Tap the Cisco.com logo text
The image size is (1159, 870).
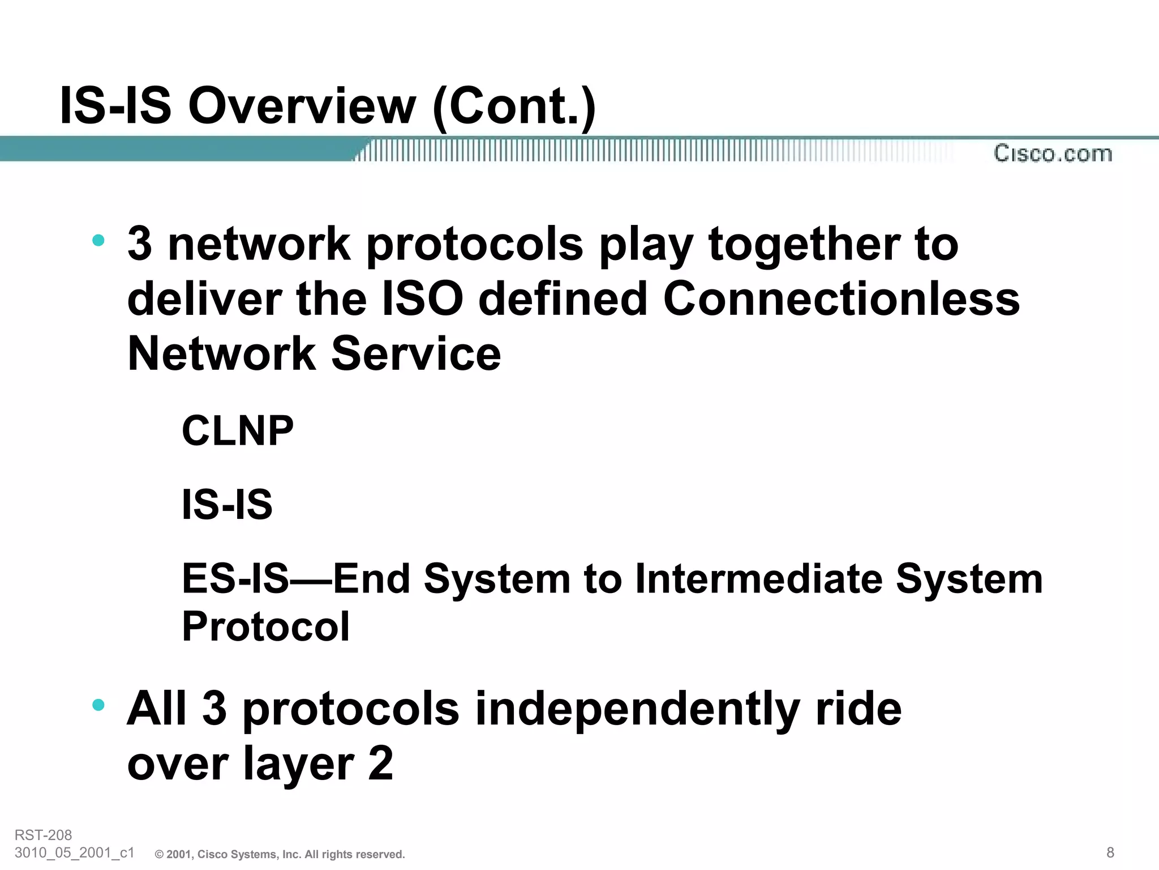[x=1053, y=153]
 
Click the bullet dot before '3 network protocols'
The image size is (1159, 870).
[x=98, y=240]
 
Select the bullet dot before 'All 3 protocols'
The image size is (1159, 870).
[x=98, y=705]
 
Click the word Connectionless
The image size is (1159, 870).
[x=841, y=298]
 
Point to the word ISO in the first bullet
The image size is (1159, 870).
[x=422, y=298]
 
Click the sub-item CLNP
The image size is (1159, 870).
[x=238, y=430]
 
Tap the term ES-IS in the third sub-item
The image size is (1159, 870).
[x=235, y=579]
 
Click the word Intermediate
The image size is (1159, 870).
[x=758, y=579]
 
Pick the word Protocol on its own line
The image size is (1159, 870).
[x=265, y=626]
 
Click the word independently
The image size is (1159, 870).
[x=637, y=709]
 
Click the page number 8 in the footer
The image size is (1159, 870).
[x=1110, y=852]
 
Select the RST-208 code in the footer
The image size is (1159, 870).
[x=44, y=835]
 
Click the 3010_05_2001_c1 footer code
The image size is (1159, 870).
[x=74, y=852]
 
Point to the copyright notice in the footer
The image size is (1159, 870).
[x=280, y=854]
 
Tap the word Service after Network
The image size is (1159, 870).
[x=416, y=353]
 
